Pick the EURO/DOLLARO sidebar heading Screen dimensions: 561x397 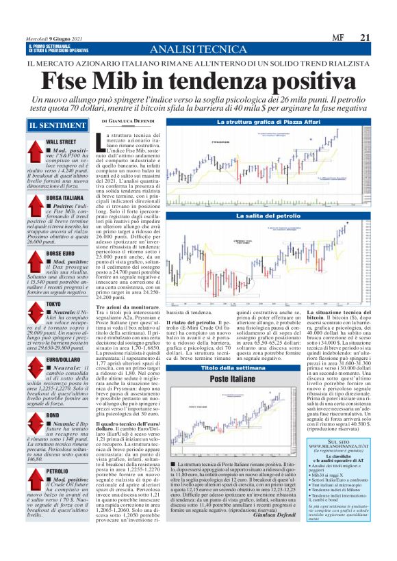pos(66,359)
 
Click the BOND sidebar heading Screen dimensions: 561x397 pos(53,415)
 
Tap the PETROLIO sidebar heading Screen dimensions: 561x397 pos(57,471)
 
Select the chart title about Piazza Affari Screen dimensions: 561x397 pos(248,122)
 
